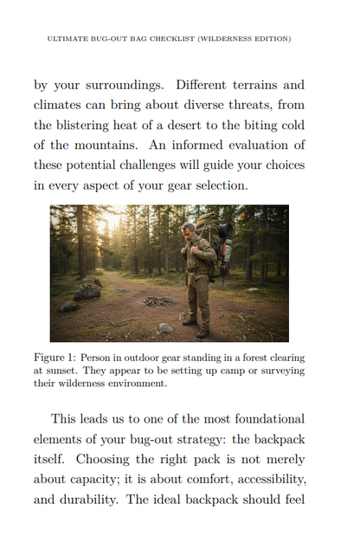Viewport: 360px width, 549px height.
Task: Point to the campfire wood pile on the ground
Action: [x=157, y=300]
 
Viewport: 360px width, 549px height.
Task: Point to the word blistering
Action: [x=102, y=124]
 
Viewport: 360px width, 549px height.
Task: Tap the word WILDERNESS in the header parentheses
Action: [x=228, y=39]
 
